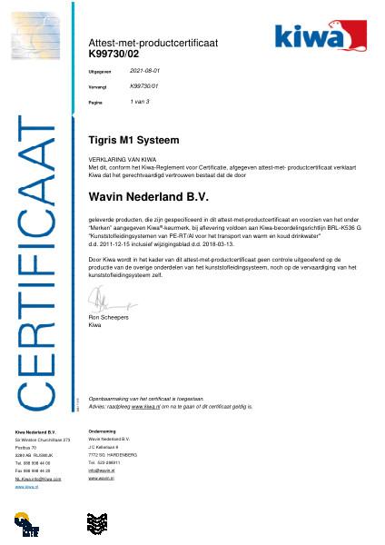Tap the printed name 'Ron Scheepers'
[x=107, y=318]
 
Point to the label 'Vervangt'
[x=97, y=86]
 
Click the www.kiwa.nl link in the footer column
[x=26, y=487]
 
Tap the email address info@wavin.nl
[x=100, y=470]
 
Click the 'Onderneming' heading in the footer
[x=102, y=431]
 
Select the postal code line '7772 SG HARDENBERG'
[x=113, y=453]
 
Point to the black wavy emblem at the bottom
[x=97, y=524]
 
